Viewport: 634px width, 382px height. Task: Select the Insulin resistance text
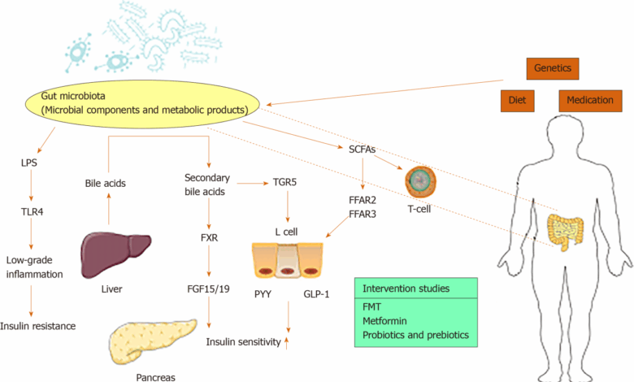(38, 326)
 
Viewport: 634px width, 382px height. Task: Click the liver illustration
(112, 252)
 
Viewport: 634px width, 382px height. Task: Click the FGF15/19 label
(211, 287)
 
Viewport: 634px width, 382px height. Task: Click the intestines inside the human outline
(566, 230)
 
